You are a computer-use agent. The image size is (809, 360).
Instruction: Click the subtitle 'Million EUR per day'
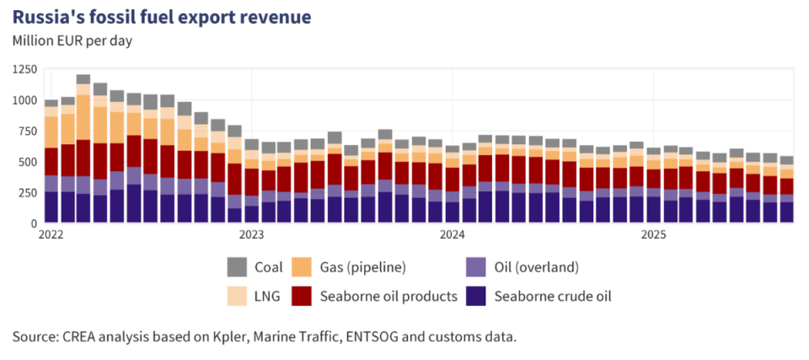click(x=72, y=40)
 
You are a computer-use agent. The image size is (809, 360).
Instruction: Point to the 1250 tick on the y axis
click(x=24, y=70)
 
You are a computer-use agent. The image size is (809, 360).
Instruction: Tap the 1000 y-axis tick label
click(x=24, y=100)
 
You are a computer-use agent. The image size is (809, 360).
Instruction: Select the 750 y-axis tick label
click(x=27, y=132)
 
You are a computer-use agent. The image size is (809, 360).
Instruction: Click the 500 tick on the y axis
click(x=27, y=162)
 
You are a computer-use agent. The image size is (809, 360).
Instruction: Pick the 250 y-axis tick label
click(x=27, y=193)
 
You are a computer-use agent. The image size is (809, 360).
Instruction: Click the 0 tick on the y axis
click(x=34, y=223)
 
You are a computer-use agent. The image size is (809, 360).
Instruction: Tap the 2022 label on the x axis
click(x=52, y=235)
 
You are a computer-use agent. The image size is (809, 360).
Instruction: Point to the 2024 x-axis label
click(x=452, y=235)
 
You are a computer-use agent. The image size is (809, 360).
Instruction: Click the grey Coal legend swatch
click(x=238, y=267)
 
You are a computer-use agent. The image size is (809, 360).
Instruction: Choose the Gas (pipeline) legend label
click(x=362, y=267)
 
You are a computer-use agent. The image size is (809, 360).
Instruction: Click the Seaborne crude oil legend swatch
click(x=475, y=296)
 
